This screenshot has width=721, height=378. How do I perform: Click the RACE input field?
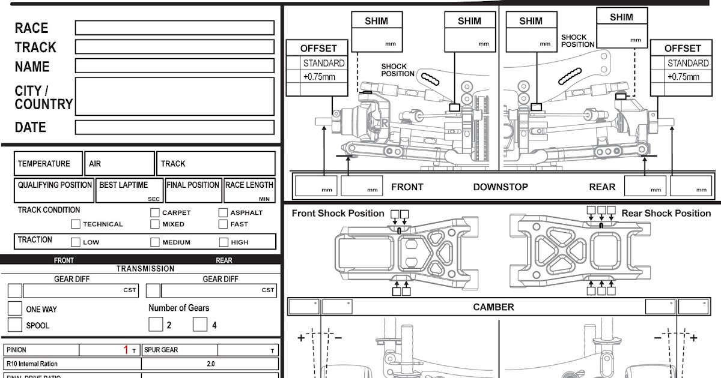coord(174,28)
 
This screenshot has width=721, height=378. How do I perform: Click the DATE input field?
coord(174,127)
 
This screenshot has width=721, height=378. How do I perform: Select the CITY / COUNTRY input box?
coord(174,96)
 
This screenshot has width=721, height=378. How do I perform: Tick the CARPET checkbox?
coord(155,212)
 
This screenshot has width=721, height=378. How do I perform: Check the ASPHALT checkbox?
coord(223,212)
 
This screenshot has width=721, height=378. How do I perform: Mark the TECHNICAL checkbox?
coord(76,224)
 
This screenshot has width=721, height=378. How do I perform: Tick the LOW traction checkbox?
coord(76,242)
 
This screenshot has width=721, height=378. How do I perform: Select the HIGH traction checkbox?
coord(224,242)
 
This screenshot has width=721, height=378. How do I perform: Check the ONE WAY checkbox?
coord(15,309)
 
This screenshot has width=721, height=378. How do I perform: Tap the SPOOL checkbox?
coord(15,325)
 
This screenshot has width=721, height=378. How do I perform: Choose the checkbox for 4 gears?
coord(200,325)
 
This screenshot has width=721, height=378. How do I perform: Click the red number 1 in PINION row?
coord(126,350)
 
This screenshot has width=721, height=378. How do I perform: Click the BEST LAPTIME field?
coord(129,190)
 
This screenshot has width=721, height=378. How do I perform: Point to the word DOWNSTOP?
coord(500,187)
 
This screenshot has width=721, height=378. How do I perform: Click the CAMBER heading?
coord(493,307)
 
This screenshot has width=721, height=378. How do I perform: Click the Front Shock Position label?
coord(338,214)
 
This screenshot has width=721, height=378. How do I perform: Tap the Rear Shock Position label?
coord(666,214)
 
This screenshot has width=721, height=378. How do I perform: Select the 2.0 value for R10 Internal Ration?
coord(210,364)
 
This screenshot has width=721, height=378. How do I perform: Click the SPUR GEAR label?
coord(161,350)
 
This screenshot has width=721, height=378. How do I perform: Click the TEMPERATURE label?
coord(44,164)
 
